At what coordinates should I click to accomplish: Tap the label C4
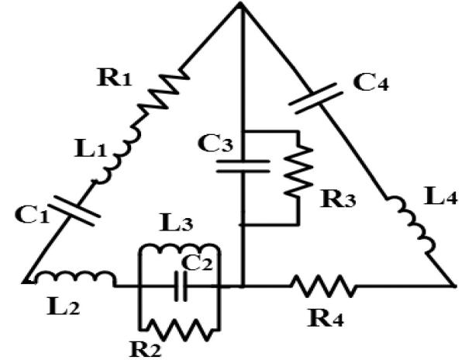click(x=380, y=79)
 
